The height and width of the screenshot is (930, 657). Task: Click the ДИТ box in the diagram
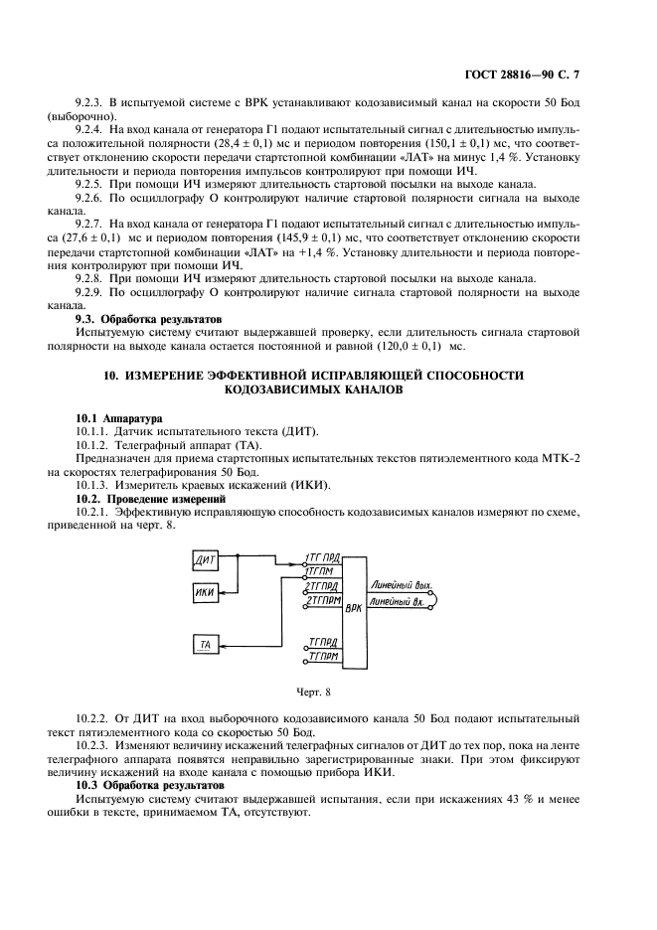[x=207, y=561]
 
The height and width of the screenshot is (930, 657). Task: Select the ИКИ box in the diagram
[x=207, y=593]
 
